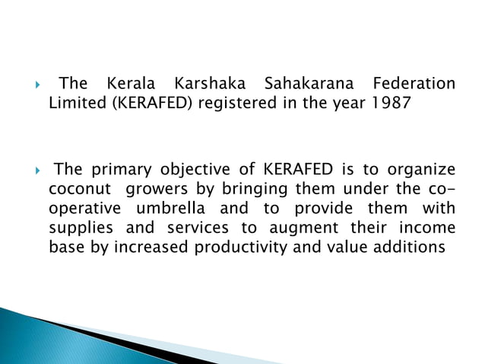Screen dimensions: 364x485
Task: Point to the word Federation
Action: click(x=412, y=83)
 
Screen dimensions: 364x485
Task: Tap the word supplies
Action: click(x=80, y=228)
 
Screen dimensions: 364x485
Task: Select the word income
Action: click(x=428, y=228)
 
